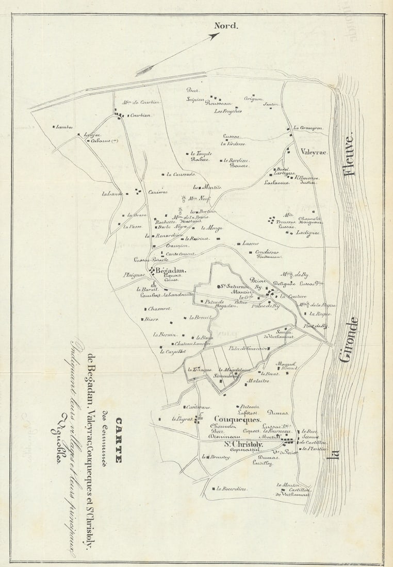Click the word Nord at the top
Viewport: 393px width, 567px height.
coord(226,26)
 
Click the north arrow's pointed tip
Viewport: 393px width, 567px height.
coord(219,34)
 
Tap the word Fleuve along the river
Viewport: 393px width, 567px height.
coord(350,155)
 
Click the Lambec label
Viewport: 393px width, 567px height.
coord(65,126)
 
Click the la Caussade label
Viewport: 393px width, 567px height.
coord(177,175)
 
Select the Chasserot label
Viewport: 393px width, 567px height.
coord(159,309)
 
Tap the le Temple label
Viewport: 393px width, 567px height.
coord(201,153)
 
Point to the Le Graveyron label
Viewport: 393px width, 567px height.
coord(308,128)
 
